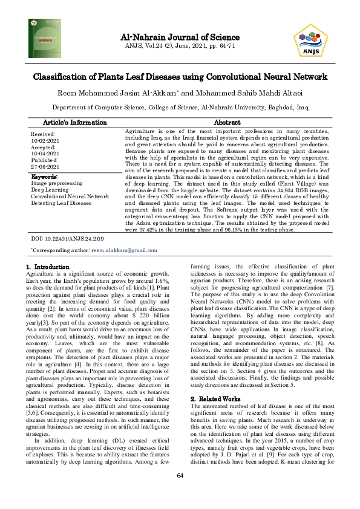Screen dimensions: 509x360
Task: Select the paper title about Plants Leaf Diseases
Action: coord(180,77)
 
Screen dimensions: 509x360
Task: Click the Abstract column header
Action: coord(227,122)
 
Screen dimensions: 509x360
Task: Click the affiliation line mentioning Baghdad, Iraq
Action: coord(180,108)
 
